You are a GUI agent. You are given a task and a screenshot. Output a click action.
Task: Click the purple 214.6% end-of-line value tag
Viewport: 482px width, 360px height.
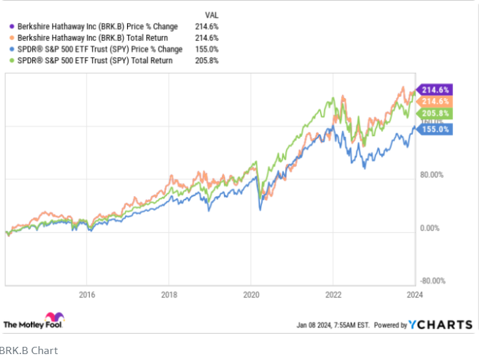click(x=435, y=90)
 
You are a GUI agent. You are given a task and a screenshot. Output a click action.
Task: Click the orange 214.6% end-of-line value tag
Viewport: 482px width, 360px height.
click(x=435, y=101)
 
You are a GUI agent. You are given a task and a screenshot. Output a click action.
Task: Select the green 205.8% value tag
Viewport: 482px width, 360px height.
click(x=435, y=113)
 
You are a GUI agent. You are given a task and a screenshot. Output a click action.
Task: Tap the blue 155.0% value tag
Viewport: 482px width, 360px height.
click(x=435, y=130)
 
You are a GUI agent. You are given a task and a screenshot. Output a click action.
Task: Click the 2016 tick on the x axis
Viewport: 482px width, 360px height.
click(x=87, y=295)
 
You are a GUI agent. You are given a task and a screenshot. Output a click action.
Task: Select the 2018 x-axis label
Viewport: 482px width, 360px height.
click(x=169, y=295)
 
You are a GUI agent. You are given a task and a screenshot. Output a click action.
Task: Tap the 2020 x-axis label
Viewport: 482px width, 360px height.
click(x=252, y=295)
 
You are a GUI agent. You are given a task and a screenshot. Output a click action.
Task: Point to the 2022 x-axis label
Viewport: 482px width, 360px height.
click(x=333, y=295)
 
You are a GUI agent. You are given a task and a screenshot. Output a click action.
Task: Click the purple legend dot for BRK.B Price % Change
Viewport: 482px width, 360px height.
click(x=11, y=27)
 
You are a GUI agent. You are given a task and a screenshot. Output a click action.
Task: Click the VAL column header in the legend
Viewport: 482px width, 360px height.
click(x=212, y=14)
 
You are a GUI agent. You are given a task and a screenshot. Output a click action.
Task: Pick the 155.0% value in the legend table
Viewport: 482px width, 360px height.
click(x=208, y=49)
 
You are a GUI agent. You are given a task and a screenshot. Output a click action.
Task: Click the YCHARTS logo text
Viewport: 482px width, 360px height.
click(x=441, y=324)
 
